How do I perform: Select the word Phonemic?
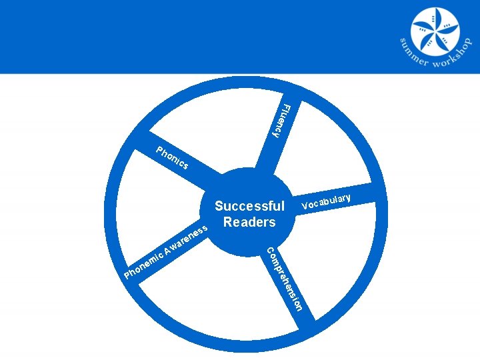(x=145, y=264)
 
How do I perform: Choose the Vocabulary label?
(x=326, y=201)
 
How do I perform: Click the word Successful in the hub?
(x=249, y=207)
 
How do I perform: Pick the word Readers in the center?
(x=249, y=222)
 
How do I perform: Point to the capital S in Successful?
(x=218, y=207)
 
